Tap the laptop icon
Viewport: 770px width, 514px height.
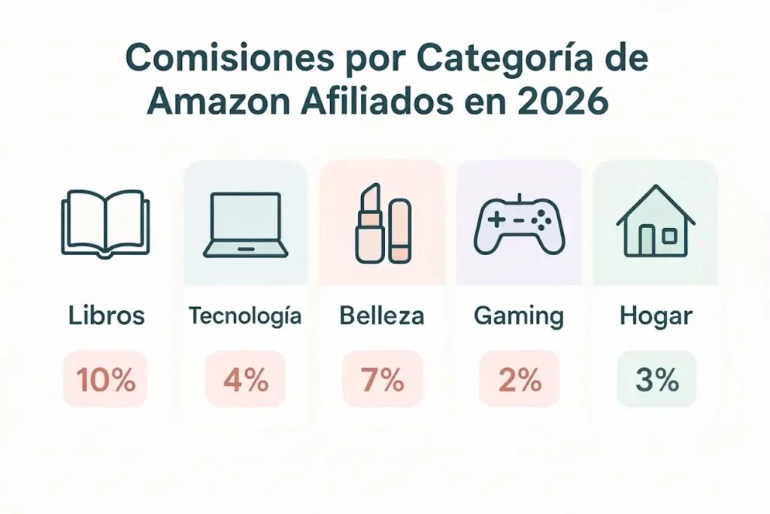click(x=245, y=224)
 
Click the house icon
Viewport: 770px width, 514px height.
click(x=656, y=223)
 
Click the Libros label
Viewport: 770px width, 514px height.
click(x=106, y=316)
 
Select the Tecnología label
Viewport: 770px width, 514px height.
click(x=245, y=316)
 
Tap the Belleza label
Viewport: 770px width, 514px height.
click(x=382, y=316)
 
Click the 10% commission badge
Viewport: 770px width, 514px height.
click(x=106, y=380)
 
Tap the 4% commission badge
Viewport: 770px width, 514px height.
click(x=245, y=380)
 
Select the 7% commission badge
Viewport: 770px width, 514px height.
click(x=383, y=380)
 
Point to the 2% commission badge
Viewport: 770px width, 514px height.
click(x=520, y=380)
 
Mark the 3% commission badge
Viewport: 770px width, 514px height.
click(x=656, y=380)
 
